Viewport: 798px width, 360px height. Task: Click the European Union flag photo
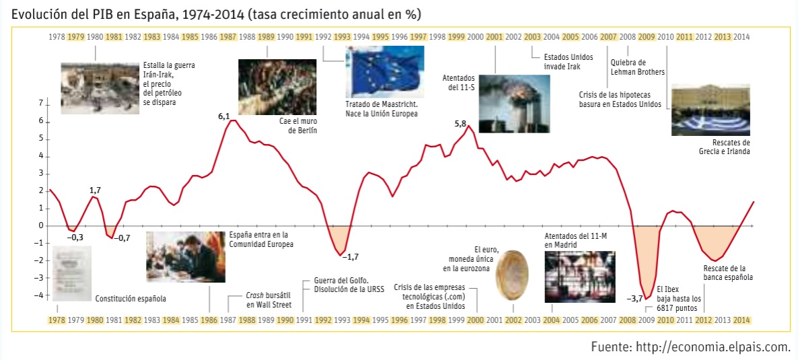point(384,72)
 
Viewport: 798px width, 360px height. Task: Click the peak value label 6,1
point(224,116)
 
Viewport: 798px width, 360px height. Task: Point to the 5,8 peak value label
point(460,124)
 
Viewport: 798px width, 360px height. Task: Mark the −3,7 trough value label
point(634,298)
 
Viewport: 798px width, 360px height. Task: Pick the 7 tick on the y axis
point(40,104)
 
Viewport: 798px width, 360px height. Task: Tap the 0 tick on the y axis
point(40,225)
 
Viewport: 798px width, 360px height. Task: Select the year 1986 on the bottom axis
point(209,320)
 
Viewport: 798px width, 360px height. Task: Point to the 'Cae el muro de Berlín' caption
point(297,126)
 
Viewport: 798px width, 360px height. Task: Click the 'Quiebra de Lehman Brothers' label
point(637,67)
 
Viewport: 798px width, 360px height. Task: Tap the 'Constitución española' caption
point(131,298)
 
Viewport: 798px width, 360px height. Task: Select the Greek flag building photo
point(711,110)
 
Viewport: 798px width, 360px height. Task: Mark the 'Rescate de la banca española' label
point(728,273)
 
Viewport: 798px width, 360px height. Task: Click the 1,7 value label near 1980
point(96,190)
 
